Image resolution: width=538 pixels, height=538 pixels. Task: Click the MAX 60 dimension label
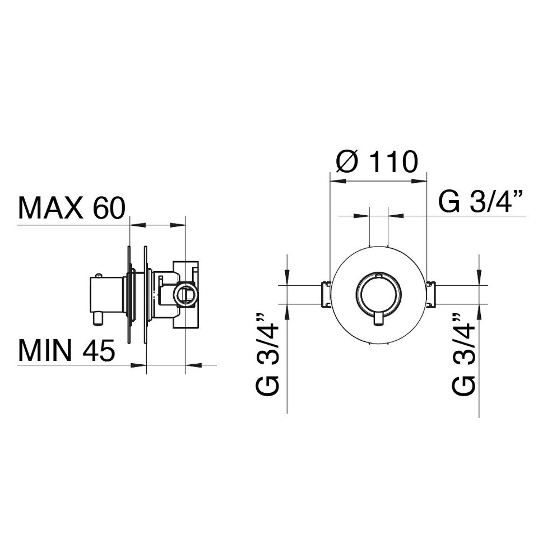click(72, 208)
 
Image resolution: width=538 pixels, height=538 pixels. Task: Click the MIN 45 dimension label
click(66, 350)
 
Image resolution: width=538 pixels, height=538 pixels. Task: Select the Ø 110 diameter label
click(377, 161)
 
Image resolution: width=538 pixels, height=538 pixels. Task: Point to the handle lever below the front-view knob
click(378, 318)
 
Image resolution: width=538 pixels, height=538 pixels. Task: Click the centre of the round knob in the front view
click(378, 294)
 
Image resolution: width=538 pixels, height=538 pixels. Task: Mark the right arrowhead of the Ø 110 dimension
click(419, 181)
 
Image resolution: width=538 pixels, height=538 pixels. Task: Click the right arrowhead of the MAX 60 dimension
click(178, 225)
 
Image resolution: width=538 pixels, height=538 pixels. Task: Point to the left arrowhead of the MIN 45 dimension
click(138, 365)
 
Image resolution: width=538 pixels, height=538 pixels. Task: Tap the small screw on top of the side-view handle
click(99, 275)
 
